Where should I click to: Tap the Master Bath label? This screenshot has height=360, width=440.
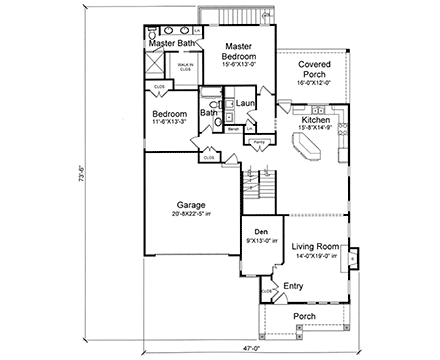(171, 43)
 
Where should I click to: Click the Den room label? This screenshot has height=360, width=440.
(259, 231)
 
